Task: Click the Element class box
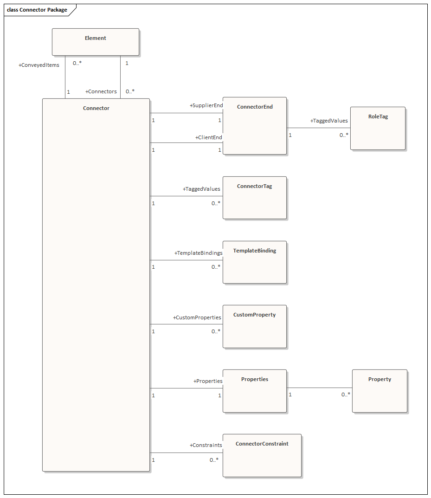95,42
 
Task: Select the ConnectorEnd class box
255,126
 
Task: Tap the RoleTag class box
378,129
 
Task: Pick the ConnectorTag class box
255,198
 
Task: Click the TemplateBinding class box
255,262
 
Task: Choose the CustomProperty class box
255,326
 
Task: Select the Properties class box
255,391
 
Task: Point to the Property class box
380,391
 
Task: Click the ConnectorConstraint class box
262,455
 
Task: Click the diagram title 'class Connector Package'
37,10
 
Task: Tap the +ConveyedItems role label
39,65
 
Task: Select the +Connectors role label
101,92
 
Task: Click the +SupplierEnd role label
206,106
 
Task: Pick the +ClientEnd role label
209,138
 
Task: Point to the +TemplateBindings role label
198,253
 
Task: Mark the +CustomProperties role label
197,318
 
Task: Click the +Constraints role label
206,446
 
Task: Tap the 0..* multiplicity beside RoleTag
344,135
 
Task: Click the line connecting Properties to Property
319,388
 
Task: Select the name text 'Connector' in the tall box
96,109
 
